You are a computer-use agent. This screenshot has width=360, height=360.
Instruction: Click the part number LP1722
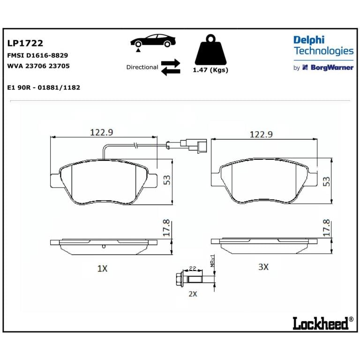tap(25, 43)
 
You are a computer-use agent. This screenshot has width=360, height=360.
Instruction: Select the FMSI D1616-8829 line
tap(37, 55)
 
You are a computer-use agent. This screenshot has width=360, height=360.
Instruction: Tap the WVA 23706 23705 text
tap(38, 66)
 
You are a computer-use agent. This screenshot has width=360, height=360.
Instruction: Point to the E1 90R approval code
tap(44, 88)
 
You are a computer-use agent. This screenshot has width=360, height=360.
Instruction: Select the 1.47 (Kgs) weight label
tap(210, 70)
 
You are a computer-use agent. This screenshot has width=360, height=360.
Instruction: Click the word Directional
tap(142, 67)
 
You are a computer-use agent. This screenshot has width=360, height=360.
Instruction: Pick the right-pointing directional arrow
tap(171, 63)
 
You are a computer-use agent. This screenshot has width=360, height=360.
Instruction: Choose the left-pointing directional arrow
tap(171, 71)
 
